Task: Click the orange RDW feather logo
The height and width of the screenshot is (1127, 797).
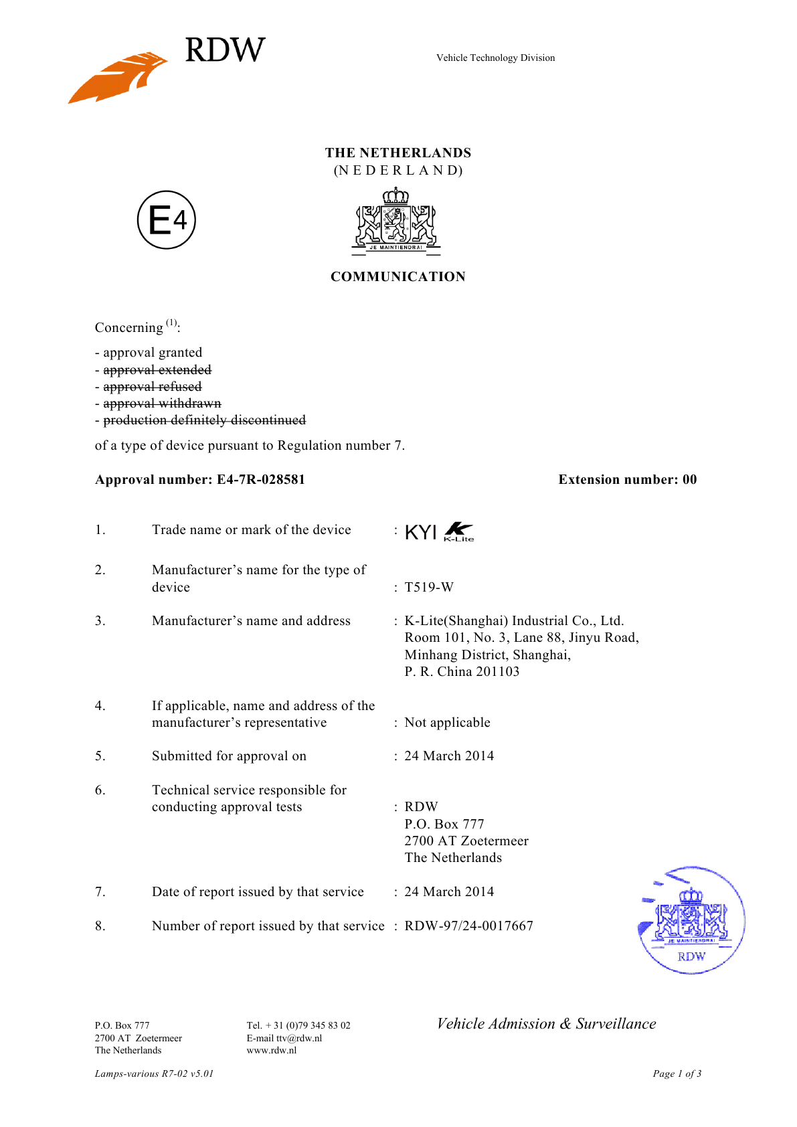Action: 118,77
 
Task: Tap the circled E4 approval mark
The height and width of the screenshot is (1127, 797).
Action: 167,220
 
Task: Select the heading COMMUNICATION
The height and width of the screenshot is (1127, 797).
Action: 398,277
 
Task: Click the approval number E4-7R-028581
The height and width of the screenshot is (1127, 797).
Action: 260,480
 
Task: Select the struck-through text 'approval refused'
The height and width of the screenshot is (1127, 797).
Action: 152,387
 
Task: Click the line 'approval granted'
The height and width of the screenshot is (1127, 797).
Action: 152,353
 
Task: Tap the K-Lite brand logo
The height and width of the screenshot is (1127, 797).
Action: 459,531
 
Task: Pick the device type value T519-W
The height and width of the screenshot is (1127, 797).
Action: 429,588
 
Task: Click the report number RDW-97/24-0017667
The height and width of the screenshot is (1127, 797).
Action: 468,926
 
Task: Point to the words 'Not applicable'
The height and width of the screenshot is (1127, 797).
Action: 447,723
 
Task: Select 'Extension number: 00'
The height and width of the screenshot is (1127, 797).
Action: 628,480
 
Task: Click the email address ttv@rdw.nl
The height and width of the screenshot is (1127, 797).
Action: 299,1039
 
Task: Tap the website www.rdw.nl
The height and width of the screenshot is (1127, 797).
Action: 272,1051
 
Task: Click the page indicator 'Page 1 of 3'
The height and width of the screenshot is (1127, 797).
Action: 677,1074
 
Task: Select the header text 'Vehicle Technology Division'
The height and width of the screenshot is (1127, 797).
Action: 495,58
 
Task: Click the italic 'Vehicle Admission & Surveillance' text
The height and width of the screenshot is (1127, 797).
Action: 546,1024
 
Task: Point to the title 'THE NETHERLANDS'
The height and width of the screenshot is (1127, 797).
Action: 398,153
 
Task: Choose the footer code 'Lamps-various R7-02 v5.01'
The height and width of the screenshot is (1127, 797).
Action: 154,1074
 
